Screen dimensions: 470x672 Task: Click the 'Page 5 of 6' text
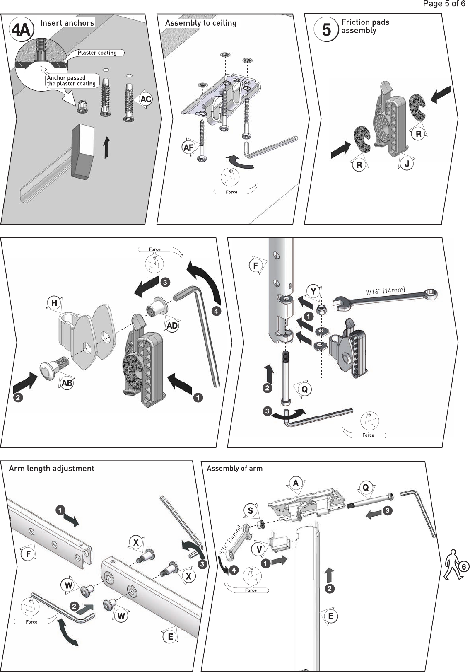coord(444,4)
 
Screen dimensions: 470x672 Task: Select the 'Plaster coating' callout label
coord(97,53)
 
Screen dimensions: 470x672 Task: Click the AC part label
coord(146,99)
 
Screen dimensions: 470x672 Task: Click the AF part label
coord(188,147)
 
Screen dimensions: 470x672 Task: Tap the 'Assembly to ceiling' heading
coord(201,23)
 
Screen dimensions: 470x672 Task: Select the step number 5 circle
coord(326,30)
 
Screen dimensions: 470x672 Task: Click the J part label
coord(407,164)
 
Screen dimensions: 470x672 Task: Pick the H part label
coord(54,303)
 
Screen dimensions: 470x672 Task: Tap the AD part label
coord(172,326)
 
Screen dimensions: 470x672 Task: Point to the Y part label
coord(313,291)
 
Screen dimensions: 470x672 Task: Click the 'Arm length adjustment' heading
coord(52,469)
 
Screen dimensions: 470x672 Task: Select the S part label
coord(250,510)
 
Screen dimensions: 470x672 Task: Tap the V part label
coord(259,550)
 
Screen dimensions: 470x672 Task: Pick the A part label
coord(296,483)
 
